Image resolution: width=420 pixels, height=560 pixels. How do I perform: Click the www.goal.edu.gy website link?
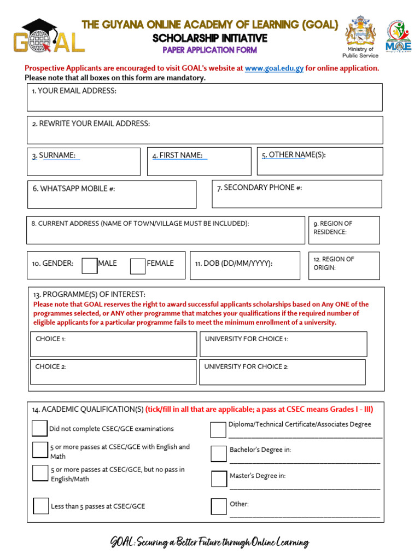(x=274, y=68)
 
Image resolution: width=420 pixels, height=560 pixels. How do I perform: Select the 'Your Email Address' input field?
(x=205, y=97)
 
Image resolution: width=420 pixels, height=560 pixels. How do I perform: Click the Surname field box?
(x=84, y=161)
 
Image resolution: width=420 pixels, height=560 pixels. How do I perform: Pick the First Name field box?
(x=199, y=161)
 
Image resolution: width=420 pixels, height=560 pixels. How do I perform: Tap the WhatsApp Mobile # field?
(x=112, y=195)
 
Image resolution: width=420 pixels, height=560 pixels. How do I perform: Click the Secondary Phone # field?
(x=296, y=194)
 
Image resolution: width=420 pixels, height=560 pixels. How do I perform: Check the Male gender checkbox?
(x=90, y=265)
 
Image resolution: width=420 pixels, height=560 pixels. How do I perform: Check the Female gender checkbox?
(x=138, y=266)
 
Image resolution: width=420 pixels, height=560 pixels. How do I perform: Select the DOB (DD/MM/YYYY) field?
(x=244, y=265)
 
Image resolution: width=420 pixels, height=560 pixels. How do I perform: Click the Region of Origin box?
(x=343, y=266)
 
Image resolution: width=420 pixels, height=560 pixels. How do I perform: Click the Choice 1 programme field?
(x=113, y=344)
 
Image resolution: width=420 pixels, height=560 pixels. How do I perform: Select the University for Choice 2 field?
(x=282, y=372)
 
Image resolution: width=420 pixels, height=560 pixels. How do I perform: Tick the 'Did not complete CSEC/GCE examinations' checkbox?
(x=39, y=428)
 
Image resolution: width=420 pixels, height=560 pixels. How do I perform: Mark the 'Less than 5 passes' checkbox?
(x=41, y=506)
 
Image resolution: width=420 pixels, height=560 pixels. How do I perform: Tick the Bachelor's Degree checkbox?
(x=219, y=453)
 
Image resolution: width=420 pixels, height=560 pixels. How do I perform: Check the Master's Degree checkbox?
(x=219, y=479)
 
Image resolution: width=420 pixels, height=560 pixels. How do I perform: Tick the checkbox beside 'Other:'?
(x=219, y=506)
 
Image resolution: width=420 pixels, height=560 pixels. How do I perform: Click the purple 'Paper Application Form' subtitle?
(x=209, y=50)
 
